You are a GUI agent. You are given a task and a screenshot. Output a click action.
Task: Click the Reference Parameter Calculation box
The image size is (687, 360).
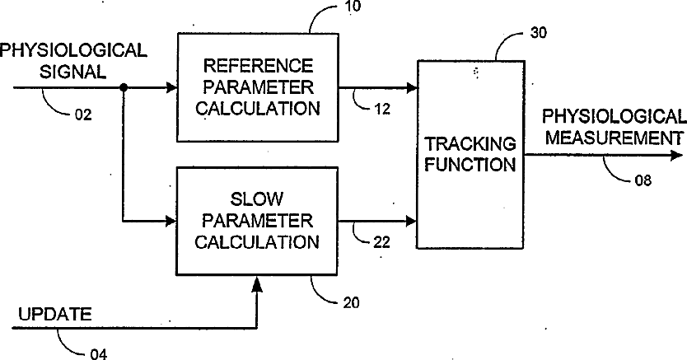pos(258,87)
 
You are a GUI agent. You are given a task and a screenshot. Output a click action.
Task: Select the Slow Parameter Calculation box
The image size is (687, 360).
pos(257,221)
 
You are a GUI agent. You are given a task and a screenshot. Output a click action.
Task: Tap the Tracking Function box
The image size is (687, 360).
pos(470,155)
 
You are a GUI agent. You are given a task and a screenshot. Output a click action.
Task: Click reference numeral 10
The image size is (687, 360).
pos(353,7)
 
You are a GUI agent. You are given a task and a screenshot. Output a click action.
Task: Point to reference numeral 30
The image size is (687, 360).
pos(539,33)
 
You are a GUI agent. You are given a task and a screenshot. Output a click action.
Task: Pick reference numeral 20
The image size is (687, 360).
pos(351,302)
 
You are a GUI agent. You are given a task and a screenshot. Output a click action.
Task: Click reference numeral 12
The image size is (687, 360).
pos(382,109)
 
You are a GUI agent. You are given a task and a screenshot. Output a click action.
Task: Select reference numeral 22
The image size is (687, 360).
pos(381,242)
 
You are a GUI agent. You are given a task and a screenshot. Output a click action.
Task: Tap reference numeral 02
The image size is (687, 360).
pos(83,115)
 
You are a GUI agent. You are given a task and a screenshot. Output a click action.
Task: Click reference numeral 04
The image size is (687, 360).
pos(98,354)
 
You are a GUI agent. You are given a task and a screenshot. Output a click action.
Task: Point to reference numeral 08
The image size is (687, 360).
pos(643,180)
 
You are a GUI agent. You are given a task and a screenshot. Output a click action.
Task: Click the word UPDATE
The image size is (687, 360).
pos(55,315)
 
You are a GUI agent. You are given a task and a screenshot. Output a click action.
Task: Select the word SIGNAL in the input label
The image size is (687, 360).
pos(72,72)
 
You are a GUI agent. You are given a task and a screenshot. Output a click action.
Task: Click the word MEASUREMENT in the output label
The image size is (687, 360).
pos(614,138)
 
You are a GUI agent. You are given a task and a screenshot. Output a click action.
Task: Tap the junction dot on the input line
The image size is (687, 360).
pos(124,88)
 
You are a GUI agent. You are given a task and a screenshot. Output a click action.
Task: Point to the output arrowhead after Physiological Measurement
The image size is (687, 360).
pos(677,155)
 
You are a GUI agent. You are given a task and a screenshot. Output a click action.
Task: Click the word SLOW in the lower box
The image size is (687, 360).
pos(257,199)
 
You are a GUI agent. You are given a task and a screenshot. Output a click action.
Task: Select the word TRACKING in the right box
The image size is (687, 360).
pos(470,143)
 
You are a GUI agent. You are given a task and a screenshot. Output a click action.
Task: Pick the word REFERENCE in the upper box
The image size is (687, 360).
pos(259,66)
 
